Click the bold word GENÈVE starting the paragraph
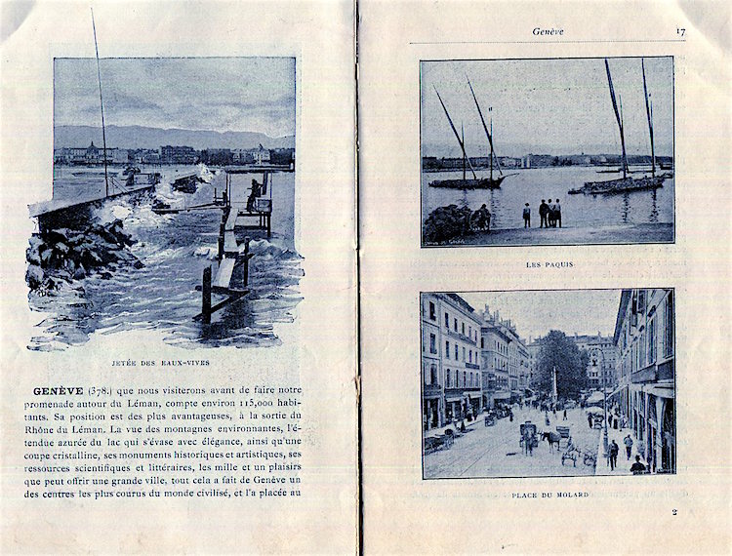59,391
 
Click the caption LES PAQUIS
549,264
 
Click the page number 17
679,31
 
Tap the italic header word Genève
548,31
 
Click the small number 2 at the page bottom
673,511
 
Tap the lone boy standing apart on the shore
527,215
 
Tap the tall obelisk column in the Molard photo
553,382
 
